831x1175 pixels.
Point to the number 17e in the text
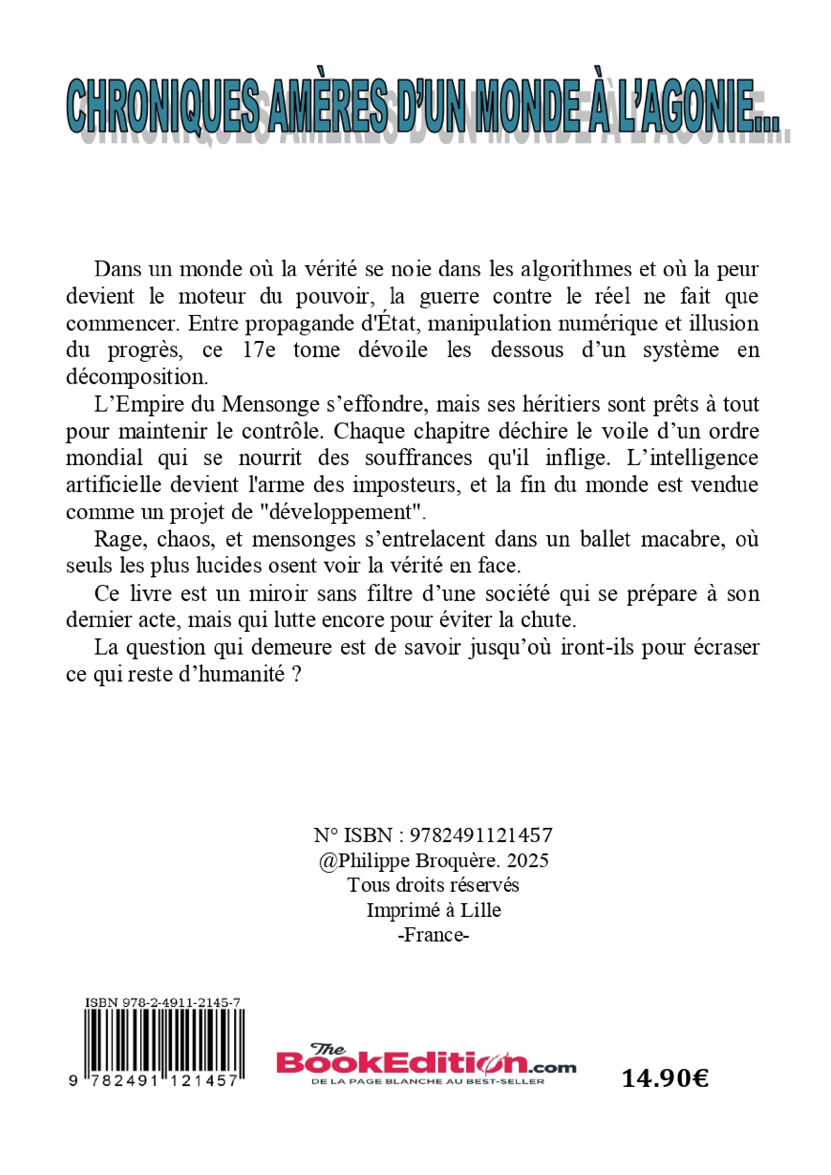262,350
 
